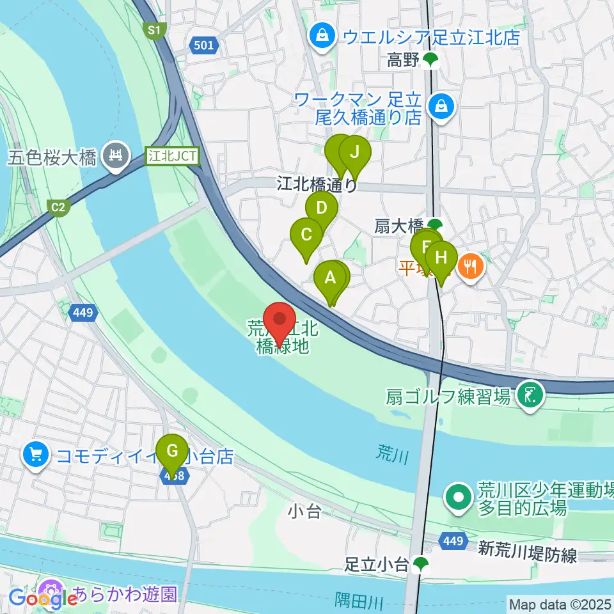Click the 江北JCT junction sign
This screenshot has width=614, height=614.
click(173, 155)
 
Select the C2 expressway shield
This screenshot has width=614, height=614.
click(58, 207)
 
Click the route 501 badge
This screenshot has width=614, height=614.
click(204, 45)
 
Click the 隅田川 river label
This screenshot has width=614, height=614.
click(359, 601)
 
